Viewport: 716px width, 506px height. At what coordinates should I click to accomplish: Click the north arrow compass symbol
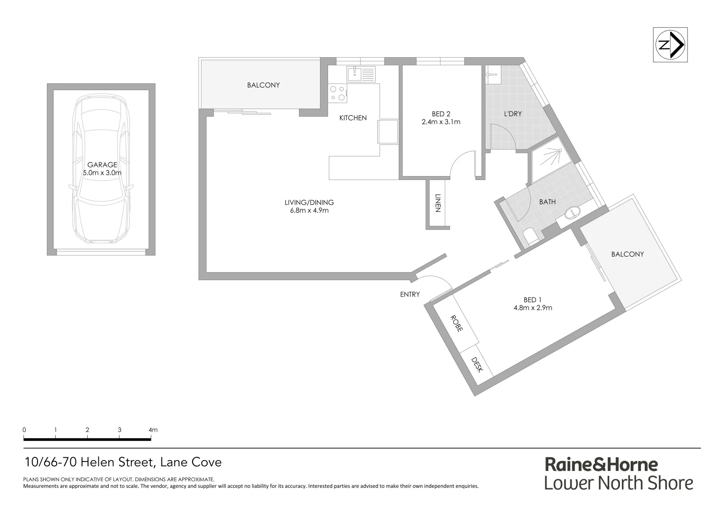(670, 45)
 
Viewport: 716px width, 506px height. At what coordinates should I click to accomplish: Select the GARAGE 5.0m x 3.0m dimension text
(102, 172)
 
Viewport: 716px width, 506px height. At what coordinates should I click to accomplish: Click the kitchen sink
(361, 74)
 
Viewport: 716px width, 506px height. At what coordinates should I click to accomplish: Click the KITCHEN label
(353, 118)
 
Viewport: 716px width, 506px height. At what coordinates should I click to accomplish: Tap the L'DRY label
(513, 114)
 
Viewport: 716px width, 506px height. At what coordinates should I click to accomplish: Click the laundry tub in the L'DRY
(493, 74)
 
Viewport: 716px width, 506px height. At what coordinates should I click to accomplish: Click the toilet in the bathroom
(532, 237)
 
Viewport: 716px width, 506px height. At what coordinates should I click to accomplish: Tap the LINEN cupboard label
(438, 203)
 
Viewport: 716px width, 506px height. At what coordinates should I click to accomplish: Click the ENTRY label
(410, 295)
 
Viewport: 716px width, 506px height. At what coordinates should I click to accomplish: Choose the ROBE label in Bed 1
(456, 323)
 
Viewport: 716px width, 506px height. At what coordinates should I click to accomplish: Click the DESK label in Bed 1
(477, 365)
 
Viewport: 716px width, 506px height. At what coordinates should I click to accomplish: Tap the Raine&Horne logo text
(601, 464)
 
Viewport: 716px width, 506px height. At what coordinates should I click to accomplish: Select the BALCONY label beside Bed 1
(627, 254)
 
